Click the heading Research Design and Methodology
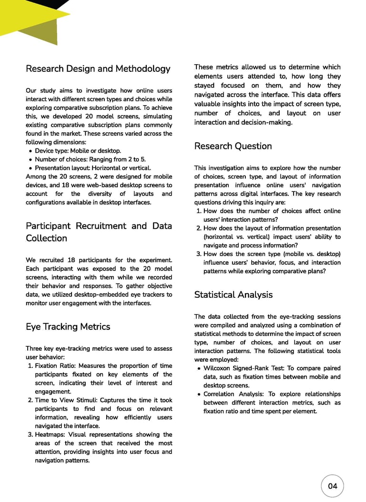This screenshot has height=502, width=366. click(x=98, y=69)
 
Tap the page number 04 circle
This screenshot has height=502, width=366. click(x=332, y=486)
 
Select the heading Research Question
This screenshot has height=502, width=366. click(x=233, y=146)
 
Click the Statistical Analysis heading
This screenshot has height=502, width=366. click(x=233, y=295)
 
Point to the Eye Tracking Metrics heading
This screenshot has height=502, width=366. click(x=68, y=326)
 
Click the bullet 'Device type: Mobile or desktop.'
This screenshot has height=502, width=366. click(x=78, y=151)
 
